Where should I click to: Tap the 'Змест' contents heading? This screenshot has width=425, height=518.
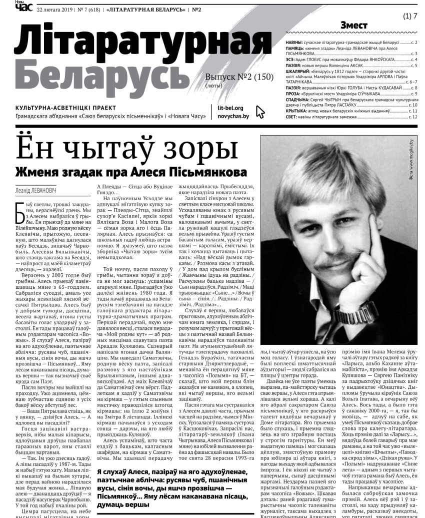tap(353, 26)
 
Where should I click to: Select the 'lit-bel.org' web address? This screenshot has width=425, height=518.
tap(230, 108)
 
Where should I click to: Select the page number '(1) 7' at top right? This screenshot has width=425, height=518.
tap(409, 17)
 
